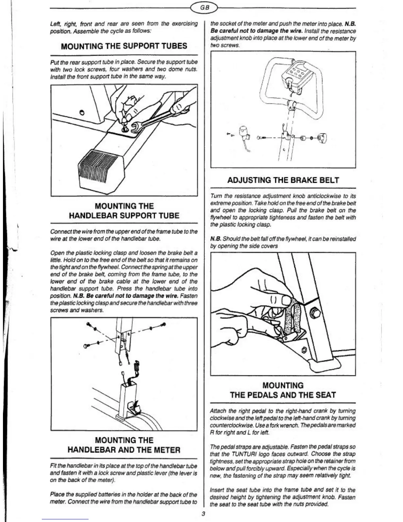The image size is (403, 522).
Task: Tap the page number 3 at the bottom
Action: pos(203,513)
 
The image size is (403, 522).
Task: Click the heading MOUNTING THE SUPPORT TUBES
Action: pos(124,46)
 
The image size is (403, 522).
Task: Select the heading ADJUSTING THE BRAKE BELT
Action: pos(283,180)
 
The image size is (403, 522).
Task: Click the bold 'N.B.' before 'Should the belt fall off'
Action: pos(215,239)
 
